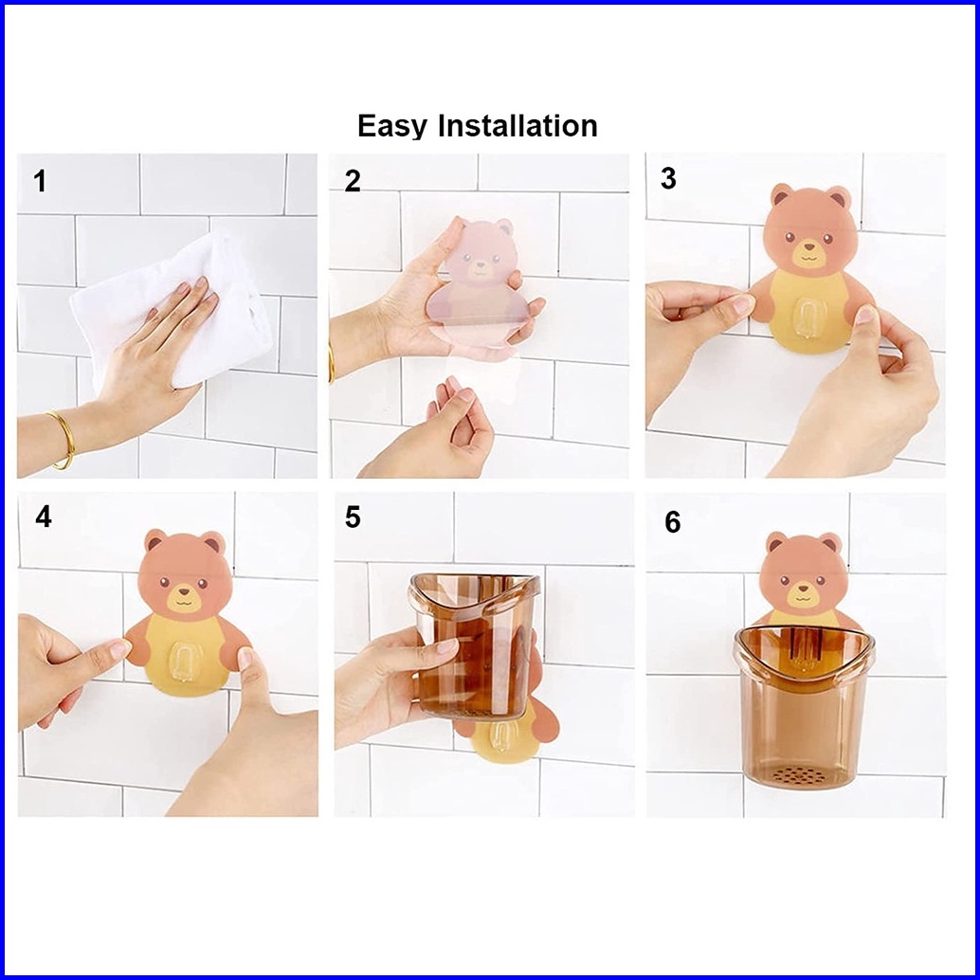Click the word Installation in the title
(x=517, y=125)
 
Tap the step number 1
(x=40, y=181)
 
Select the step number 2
(x=353, y=181)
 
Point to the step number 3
(x=668, y=179)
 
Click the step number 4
(x=44, y=517)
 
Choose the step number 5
(x=353, y=517)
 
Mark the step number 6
(x=673, y=522)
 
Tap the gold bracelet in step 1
(x=64, y=439)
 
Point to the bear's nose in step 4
(x=185, y=590)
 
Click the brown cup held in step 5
(x=473, y=646)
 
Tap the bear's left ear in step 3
(x=781, y=195)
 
